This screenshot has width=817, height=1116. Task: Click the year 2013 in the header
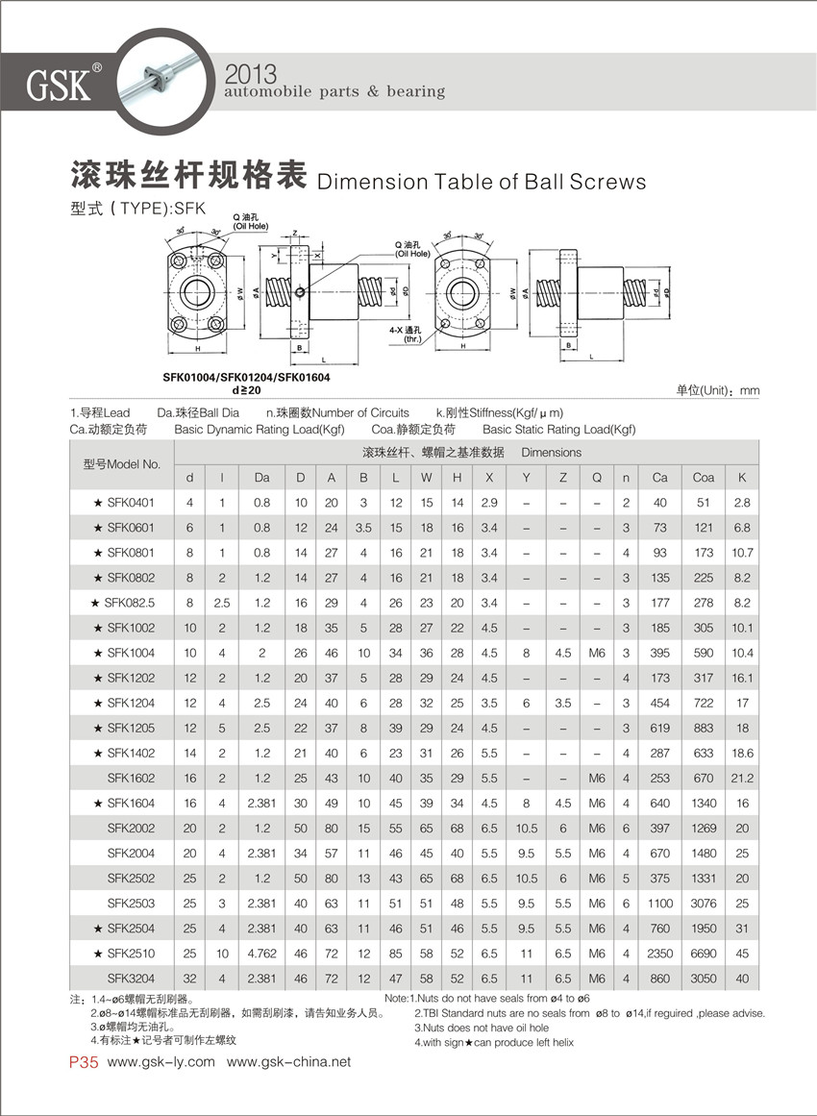[249, 73]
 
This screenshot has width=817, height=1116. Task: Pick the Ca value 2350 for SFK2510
[659, 954]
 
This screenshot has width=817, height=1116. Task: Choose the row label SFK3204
[131, 979]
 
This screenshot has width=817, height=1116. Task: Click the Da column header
[262, 477]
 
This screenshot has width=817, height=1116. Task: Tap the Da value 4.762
[262, 954]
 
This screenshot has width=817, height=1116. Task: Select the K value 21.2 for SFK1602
[742, 778]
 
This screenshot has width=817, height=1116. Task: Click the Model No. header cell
[122, 464]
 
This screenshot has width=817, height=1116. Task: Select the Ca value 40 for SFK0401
[659, 502]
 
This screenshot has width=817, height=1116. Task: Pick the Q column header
[597, 477]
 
